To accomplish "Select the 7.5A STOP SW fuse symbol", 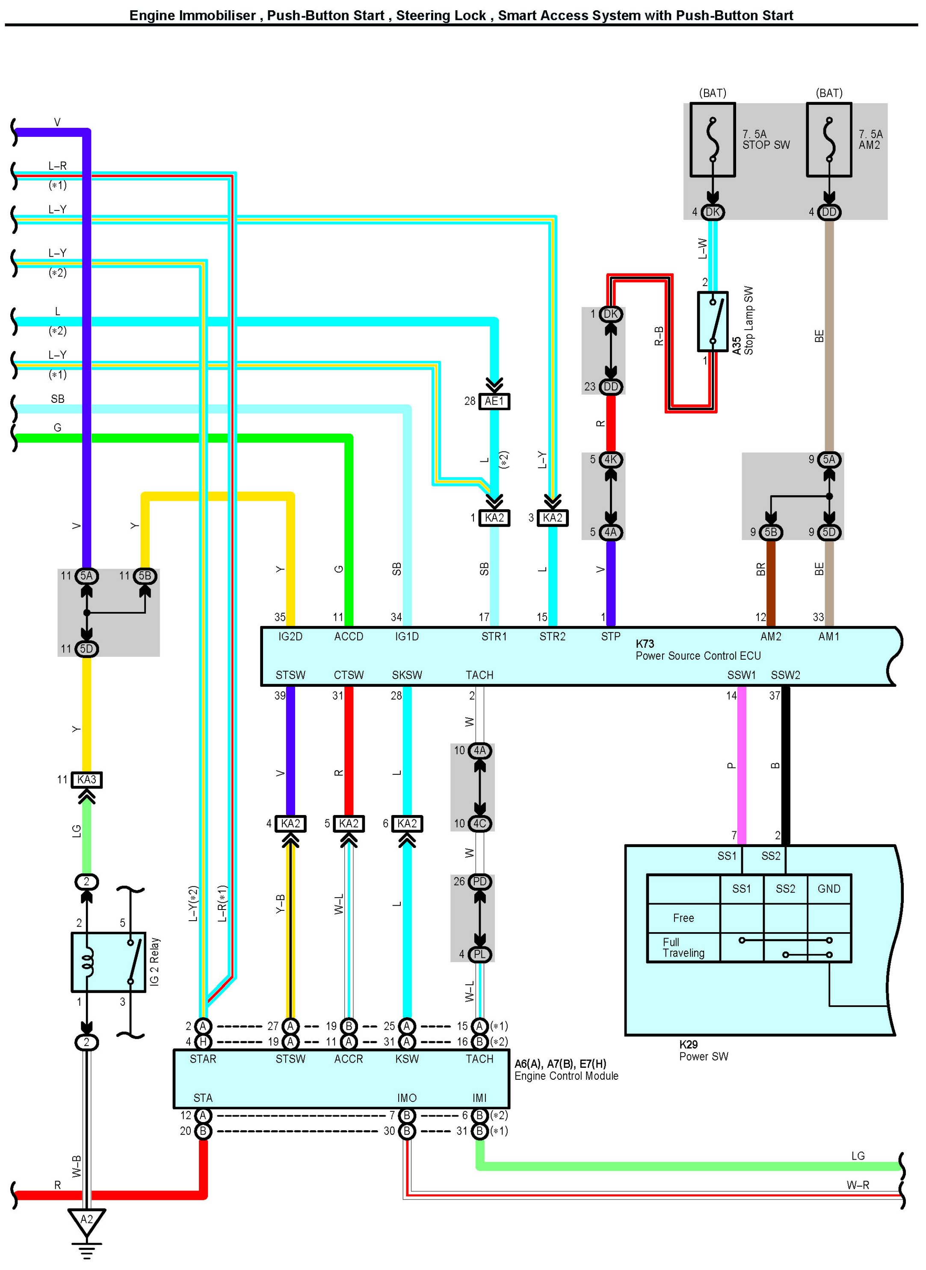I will click(x=713, y=139).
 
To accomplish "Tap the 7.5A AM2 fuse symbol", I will click(x=828, y=139).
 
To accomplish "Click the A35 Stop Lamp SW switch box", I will click(x=713, y=321).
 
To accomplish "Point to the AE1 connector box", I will click(x=494, y=401).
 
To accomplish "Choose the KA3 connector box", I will click(x=86, y=780).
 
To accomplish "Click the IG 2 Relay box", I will click(x=108, y=962).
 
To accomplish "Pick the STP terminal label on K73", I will click(x=610, y=637).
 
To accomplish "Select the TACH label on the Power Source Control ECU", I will click(x=479, y=675).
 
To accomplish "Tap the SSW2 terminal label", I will click(x=785, y=675).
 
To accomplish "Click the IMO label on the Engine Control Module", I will click(x=407, y=1098).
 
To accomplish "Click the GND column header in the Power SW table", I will click(x=828, y=889).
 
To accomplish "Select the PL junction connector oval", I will click(x=479, y=954).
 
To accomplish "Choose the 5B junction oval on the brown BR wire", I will click(x=771, y=532).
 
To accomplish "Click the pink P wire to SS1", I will click(x=742, y=765).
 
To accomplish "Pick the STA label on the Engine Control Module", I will click(x=203, y=1098).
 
